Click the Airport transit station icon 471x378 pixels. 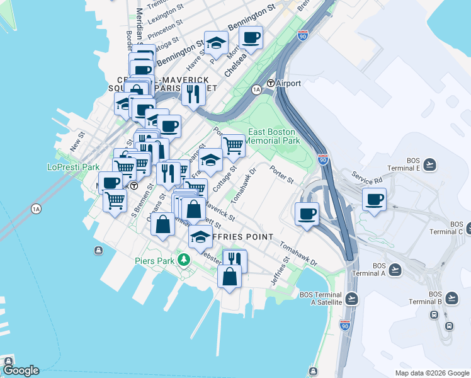(x=271, y=83)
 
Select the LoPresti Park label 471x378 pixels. (x=74, y=168)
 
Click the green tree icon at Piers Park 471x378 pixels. (x=184, y=260)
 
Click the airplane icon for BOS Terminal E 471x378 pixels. (x=430, y=164)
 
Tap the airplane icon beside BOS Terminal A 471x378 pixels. (x=395, y=270)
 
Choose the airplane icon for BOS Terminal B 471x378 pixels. (x=451, y=297)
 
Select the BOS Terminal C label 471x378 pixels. (x=457, y=227)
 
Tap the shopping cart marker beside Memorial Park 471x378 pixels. (x=233, y=146)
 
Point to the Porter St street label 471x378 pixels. (x=281, y=174)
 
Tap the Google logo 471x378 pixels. (x=21, y=370)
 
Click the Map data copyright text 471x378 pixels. (x=431, y=373)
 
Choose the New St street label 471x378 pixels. (x=77, y=139)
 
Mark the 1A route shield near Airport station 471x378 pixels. (x=256, y=90)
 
